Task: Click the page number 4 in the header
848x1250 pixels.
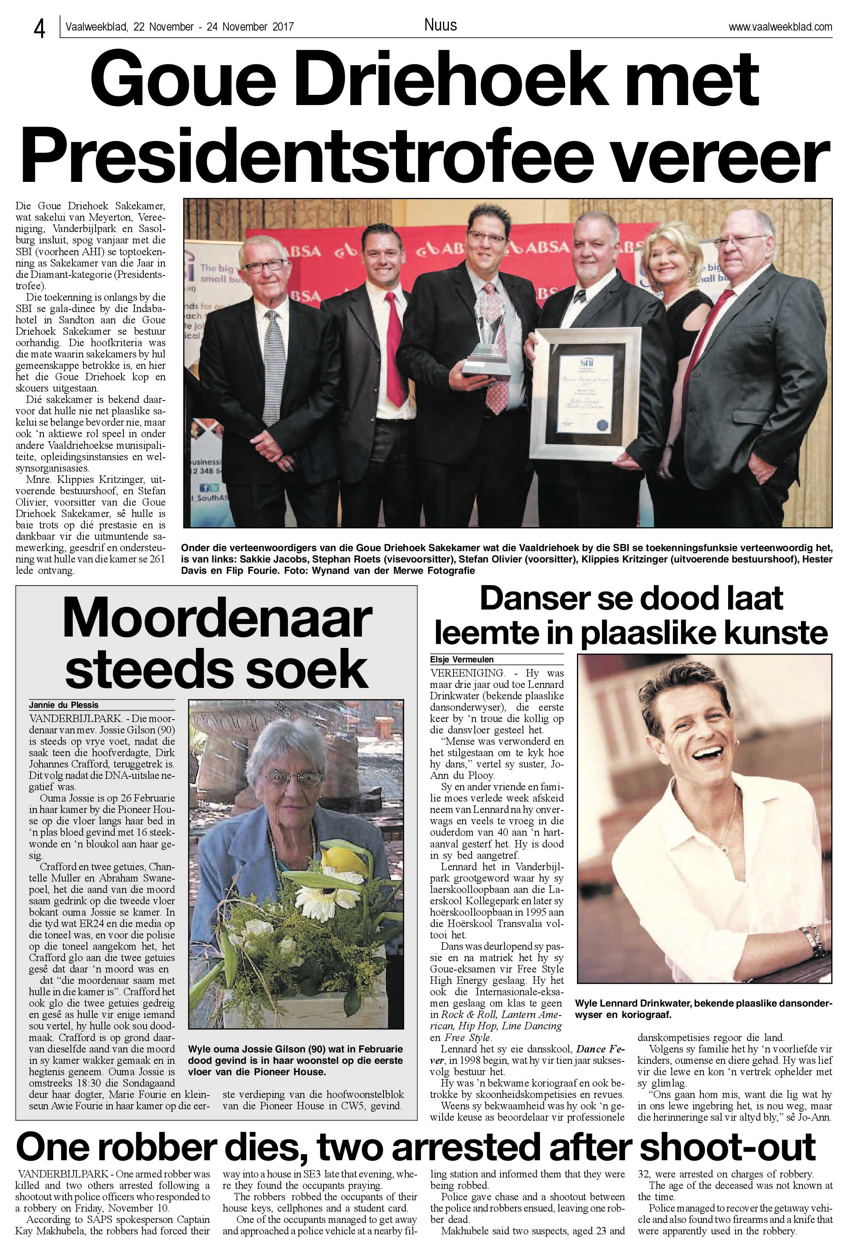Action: pyautogui.click(x=39, y=28)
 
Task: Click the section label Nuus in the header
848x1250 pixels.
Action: pyautogui.click(x=440, y=25)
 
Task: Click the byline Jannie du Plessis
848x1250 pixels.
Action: pyautogui.click(x=64, y=705)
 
